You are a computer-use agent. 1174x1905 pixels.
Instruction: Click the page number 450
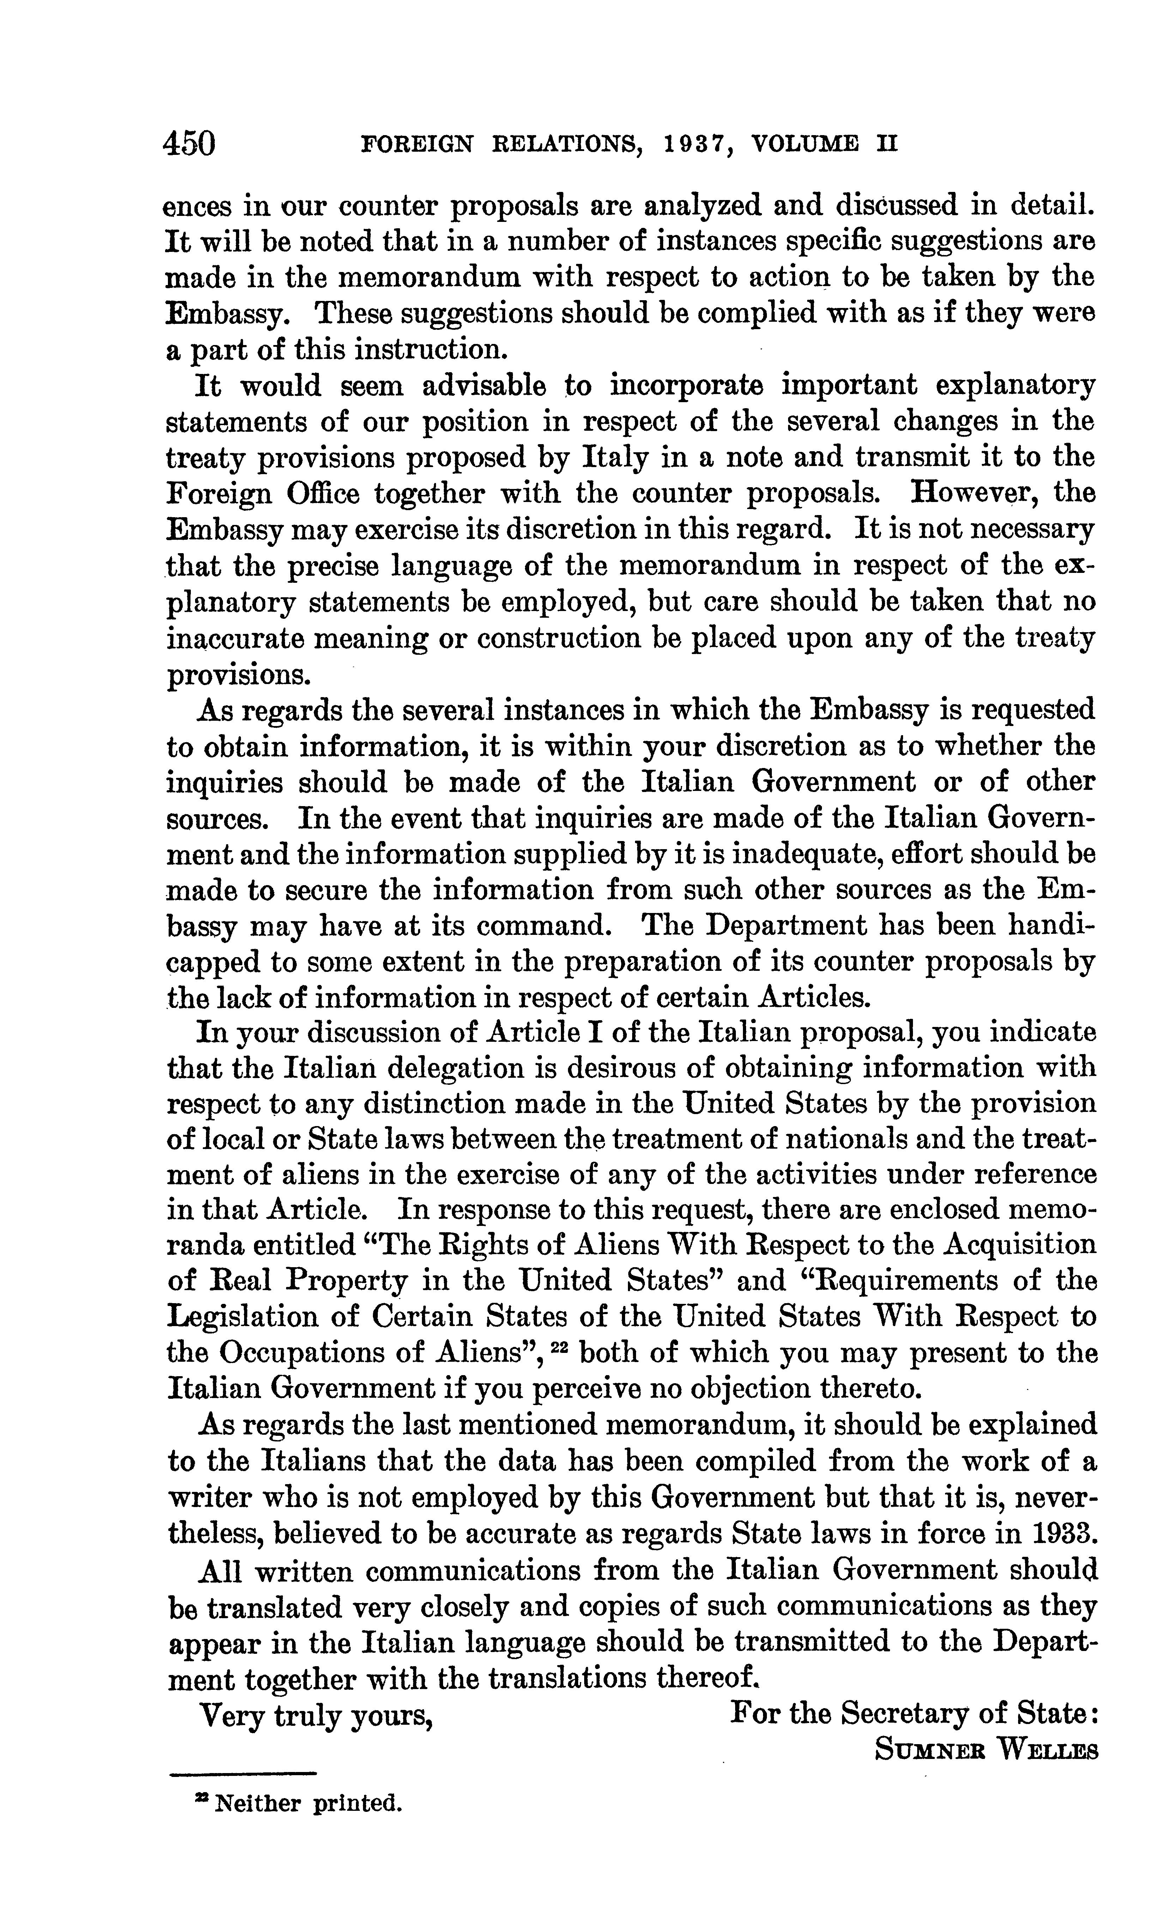pos(189,144)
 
